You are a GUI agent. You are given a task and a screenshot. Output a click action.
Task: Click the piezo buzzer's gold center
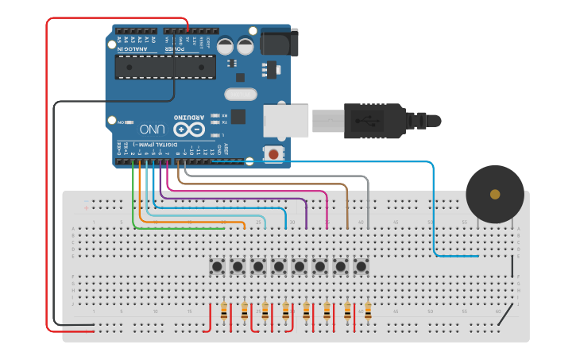(x=495, y=194)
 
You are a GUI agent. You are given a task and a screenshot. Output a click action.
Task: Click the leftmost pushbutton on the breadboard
(x=216, y=266)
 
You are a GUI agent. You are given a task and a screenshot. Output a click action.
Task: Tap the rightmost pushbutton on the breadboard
(x=361, y=266)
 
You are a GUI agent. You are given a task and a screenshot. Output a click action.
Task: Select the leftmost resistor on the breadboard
(x=224, y=312)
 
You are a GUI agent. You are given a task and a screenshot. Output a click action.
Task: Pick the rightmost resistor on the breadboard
(x=368, y=312)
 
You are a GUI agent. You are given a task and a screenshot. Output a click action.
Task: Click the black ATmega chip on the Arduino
(x=164, y=68)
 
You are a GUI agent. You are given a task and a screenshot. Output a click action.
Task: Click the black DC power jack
(x=279, y=41)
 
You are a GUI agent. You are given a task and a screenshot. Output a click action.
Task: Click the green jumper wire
(x=133, y=207)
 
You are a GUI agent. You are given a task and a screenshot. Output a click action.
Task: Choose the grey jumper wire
(x=368, y=199)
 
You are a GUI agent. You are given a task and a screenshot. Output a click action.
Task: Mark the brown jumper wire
(x=347, y=203)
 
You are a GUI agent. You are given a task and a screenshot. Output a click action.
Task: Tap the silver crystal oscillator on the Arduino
(x=242, y=95)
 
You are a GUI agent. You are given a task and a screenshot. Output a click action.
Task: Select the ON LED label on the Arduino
(x=121, y=123)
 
